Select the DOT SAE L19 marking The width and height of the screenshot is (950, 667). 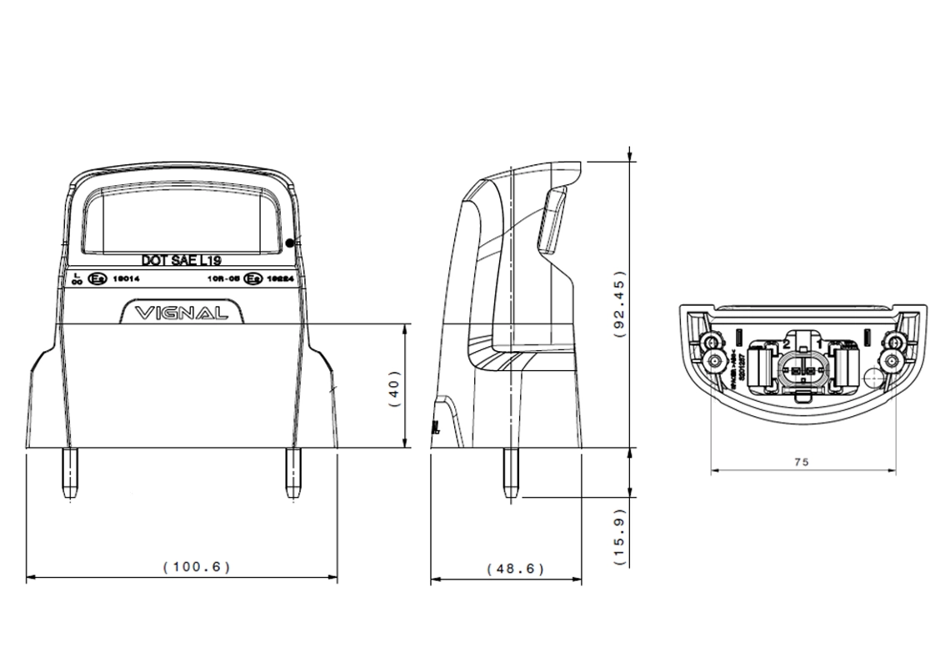click(180, 261)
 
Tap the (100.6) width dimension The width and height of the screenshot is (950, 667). click(196, 567)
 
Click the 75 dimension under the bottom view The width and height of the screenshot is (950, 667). click(801, 461)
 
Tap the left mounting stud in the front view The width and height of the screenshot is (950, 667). click(68, 473)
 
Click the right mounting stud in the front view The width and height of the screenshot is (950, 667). click(292, 473)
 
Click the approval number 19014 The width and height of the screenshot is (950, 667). click(125, 280)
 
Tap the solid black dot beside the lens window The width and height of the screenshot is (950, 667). click(289, 243)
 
